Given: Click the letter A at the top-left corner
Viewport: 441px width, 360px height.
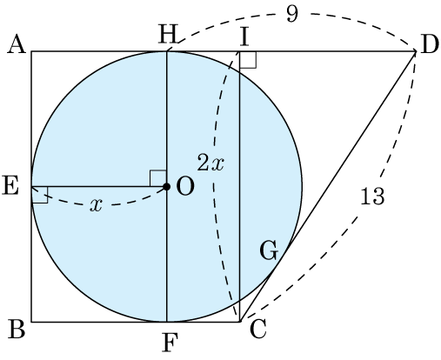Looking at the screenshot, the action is (x=17, y=45).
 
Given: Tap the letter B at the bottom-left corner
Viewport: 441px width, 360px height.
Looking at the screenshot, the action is (x=17, y=329).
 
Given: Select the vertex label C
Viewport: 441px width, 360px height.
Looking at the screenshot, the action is (x=257, y=330).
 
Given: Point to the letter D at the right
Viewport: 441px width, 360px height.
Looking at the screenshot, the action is (x=430, y=45).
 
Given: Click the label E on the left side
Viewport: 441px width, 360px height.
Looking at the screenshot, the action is (x=10, y=185).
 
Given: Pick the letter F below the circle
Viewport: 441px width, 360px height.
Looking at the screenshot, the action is (x=169, y=343).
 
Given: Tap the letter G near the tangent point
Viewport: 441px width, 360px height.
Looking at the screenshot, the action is (x=269, y=250).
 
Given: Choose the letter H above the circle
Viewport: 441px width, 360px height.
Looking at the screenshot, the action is (x=168, y=34).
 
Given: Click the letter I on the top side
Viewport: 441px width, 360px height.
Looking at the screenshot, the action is (x=244, y=37).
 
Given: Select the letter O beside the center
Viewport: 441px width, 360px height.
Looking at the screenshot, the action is (x=185, y=186).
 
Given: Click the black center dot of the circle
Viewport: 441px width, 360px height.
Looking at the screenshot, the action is (x=166, y=187).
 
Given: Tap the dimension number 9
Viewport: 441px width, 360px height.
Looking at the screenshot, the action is (x=292, y=14).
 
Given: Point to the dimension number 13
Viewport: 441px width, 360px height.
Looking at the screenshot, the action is (x=372, y=197).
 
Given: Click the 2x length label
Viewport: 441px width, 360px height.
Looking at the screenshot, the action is (x=210, y=163).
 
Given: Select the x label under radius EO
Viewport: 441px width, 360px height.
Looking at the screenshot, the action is (x=96, y=205).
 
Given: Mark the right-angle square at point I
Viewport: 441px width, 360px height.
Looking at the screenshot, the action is (x=248, y=60).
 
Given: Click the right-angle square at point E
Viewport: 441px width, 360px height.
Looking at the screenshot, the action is (x=40, y=195).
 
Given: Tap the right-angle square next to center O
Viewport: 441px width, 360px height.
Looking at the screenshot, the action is (x=158, y=178).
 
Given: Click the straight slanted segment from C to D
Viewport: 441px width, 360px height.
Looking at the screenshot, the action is (x=328, y=186).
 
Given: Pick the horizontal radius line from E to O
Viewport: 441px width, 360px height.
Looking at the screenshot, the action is (x=99, y=186).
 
